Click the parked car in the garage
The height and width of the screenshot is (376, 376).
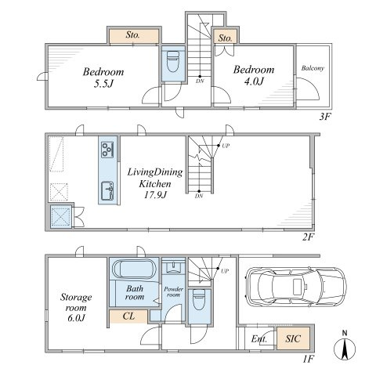click(296, 286)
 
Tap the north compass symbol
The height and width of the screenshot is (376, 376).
click(345, 346)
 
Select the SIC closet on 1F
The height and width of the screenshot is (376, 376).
click(293, 338)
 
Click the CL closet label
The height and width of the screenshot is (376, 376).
click(128, 316)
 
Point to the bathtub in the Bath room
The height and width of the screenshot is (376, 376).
click(134, 269)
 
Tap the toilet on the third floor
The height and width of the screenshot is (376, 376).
click(173, 62)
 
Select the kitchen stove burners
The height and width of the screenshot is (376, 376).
click(107, 150)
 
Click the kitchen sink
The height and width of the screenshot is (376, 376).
click(107, 191)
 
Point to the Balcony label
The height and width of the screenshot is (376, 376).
click(313, 68)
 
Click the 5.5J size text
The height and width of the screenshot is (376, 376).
click(103, 84)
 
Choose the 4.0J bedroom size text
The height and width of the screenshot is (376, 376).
click(254, 81)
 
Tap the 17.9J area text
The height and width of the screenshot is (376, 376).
click(155, 195)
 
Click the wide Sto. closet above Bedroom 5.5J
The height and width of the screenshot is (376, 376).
click(134, 36)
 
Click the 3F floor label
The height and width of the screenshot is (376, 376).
click(325, 117)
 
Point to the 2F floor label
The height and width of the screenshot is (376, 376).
click(308, 237)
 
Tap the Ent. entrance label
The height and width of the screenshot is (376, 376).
click(259, 339)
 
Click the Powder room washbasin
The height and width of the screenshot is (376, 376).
click(173, 267)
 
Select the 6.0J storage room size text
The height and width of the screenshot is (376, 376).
click(76, 318)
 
